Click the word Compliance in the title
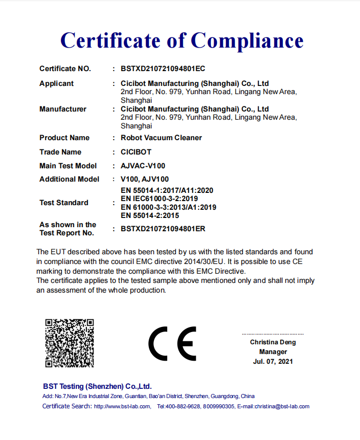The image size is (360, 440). [247, 40]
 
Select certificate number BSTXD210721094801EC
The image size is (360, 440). [163, 69]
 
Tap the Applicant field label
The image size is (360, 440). [56, 83]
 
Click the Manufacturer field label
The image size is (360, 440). [63, 109]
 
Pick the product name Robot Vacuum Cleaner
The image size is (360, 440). [161, 138]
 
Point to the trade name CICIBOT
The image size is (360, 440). [136, 152]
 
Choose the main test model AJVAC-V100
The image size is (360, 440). [143, 166]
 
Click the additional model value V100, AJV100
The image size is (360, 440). [145, 179]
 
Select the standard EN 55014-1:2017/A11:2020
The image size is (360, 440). [167, 190]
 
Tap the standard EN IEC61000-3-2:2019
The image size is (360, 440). [159, 199]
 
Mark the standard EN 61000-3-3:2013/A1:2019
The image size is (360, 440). [168, 207]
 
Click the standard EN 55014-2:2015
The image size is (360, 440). [150, 215]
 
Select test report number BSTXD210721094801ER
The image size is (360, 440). [163, 229]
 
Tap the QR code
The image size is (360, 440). [70, 342]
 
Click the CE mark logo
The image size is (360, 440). [172, 343]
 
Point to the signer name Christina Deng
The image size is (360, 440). [273, 342]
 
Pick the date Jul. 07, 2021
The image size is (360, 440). [273, 361]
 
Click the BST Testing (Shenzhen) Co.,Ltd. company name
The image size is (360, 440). [97, 386]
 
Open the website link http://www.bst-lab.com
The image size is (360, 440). [122, 406]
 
